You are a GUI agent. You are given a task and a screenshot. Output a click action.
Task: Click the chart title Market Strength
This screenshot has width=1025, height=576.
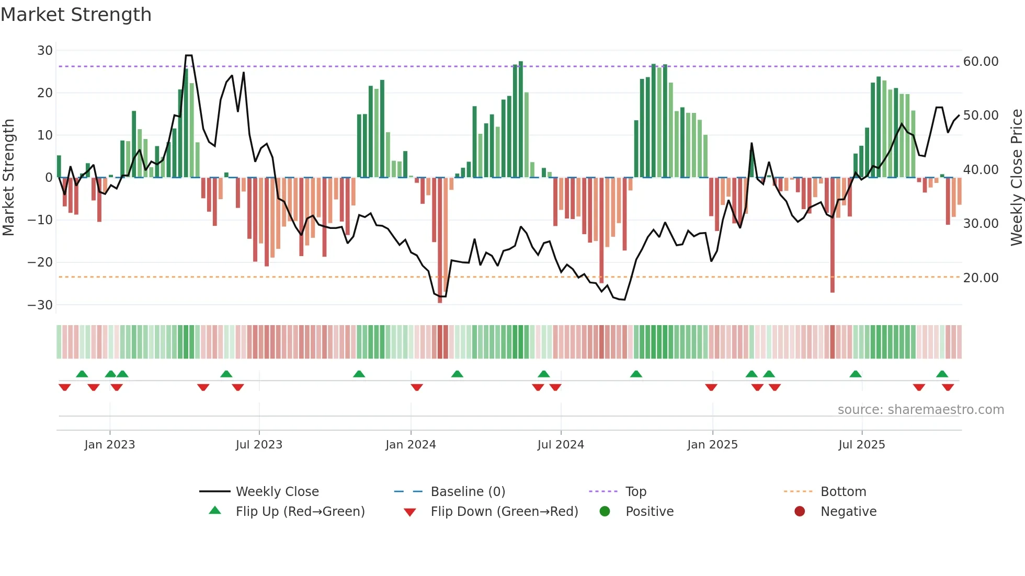[x=76, y=15]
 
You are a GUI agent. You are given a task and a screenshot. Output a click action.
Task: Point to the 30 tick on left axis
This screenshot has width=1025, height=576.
[x=45, y=51]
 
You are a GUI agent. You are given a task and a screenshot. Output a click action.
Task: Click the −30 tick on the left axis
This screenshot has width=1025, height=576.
[x=41, y=305]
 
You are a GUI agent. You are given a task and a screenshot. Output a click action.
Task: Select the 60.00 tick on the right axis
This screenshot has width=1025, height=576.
[x=981, y=62]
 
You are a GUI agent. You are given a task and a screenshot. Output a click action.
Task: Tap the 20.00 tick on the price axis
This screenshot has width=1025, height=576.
[x=981, y=278]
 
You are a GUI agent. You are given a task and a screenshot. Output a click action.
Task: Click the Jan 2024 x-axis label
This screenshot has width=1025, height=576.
[x=411, y=445]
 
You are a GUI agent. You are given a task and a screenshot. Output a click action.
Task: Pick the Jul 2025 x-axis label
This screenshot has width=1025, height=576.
[x=861, y=445]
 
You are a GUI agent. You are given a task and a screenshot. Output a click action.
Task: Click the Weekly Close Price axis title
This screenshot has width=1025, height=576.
[x=1016, y=178]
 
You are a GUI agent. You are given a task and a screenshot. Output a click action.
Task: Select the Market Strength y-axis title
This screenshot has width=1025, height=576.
[x=9, y=178]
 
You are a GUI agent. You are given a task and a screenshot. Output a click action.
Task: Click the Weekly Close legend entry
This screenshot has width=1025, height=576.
[x=277, y=492]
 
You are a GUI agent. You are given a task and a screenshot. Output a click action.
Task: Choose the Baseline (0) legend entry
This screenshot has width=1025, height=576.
[x=468, y=492]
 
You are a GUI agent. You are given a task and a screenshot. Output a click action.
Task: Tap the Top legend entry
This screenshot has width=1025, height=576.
[x=635, y=492]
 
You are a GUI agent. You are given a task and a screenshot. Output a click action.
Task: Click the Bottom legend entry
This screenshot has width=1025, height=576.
[x=843, y=492]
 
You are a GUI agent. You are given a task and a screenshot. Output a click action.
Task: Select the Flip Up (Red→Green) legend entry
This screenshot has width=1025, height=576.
[x=300, y=512]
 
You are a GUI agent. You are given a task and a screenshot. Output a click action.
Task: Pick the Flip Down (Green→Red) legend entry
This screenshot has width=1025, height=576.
[x=504, y=512]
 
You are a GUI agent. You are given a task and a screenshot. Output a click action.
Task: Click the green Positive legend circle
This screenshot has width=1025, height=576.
[x=605, y=512]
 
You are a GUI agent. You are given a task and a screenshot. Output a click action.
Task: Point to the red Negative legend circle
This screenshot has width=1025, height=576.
[x=800, y=512]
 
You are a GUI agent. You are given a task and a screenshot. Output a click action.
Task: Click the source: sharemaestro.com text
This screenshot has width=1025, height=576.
[x=920, y=410]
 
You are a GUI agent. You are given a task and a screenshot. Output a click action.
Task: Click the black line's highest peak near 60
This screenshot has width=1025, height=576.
[x=189, y=56]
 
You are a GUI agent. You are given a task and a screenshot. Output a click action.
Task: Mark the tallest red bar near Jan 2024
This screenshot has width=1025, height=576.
[x=440, y=240]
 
